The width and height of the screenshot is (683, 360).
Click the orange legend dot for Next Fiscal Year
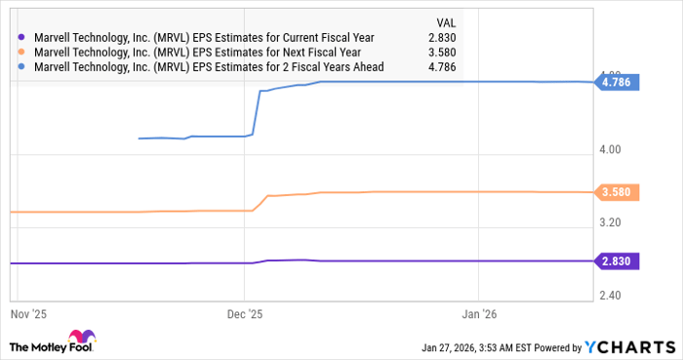pyautogui.click(x=22, y=53)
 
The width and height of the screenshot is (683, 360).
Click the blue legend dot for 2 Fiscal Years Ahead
pyautogui.click(x=22, y=66)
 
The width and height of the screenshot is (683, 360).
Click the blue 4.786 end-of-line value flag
pyautogui.click(x=619, y=83)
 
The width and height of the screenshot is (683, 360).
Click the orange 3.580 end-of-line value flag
pyautogui.click(x=619, y=193)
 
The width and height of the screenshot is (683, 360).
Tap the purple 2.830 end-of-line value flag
pyautogui.click(x=619, y=261)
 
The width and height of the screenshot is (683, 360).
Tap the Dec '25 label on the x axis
pyautogui.click(x=245, y=314)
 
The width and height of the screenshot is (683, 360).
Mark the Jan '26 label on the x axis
pyautogui.click(x=478, y=314)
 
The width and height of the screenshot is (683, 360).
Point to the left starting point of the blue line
pyautogui.click(x=140, y=139)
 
